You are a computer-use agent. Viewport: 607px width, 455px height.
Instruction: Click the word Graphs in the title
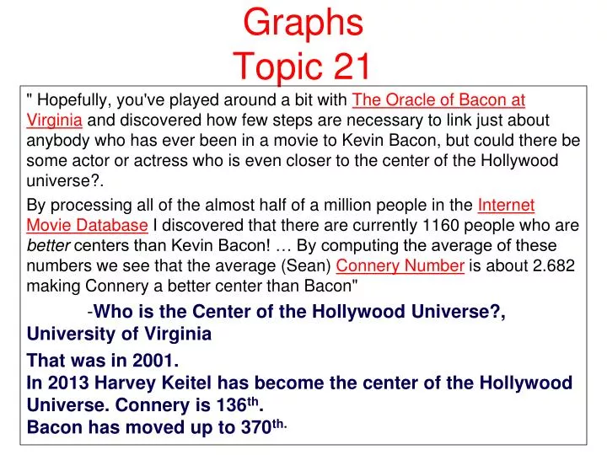[303, 24]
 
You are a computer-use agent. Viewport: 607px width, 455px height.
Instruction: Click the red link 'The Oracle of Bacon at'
[438, 101]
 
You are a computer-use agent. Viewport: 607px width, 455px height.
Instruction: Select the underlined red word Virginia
[54, 120]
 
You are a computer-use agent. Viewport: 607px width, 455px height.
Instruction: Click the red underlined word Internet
[506, 206]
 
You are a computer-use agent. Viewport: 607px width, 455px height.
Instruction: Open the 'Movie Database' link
[88, 226]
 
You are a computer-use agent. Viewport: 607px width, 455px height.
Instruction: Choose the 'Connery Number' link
[400, 266]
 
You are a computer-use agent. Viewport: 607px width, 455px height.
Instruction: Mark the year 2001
[153, 361]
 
